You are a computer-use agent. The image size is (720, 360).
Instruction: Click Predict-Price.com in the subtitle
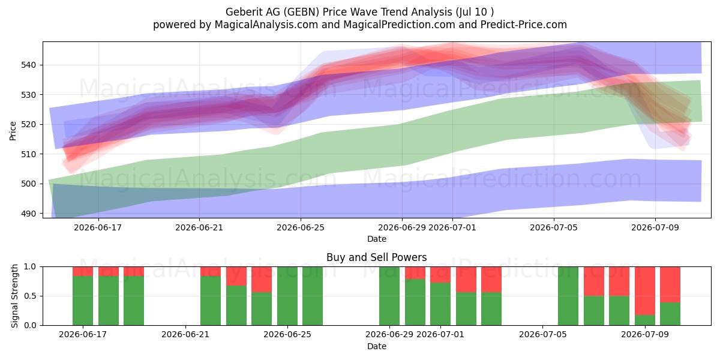point(524,25)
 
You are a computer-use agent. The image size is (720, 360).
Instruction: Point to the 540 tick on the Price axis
point(28,65)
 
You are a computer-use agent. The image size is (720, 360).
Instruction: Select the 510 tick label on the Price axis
point(28,154)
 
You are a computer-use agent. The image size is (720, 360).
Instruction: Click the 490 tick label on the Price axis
point(28,214)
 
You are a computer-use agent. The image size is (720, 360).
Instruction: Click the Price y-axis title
point(13,131)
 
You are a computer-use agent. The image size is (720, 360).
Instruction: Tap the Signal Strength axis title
point(14,296)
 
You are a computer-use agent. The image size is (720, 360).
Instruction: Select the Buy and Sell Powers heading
point(376,257)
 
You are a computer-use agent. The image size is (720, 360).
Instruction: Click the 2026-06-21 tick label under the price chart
point(199,228)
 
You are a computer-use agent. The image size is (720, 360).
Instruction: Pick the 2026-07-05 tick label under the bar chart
point(542,335)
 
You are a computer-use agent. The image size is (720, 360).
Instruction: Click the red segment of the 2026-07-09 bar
point(644,290)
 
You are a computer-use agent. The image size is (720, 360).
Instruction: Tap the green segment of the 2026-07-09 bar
point(644,320)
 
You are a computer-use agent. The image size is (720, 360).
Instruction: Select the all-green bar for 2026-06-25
point(287,296)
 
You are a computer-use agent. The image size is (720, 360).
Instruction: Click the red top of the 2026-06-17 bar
point(83,271)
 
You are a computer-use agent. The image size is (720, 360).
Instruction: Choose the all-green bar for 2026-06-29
point(389,296)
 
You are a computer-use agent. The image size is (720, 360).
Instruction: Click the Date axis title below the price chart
point(377,239)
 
